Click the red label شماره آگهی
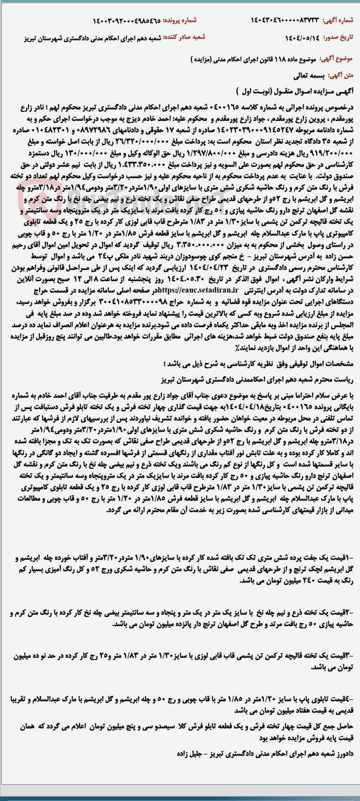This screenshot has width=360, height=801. tap(338, 20)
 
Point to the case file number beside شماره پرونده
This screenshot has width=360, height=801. tap(127, 21)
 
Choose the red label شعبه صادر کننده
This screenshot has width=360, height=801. tap(184, 37)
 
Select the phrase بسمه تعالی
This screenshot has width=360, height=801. tap(309, 76)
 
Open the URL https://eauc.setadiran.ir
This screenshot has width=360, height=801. tap(198, 290)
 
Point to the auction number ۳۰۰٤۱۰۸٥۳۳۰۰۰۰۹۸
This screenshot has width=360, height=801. tap(137, 302)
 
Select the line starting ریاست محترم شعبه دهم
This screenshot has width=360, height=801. tap(257, 379)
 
